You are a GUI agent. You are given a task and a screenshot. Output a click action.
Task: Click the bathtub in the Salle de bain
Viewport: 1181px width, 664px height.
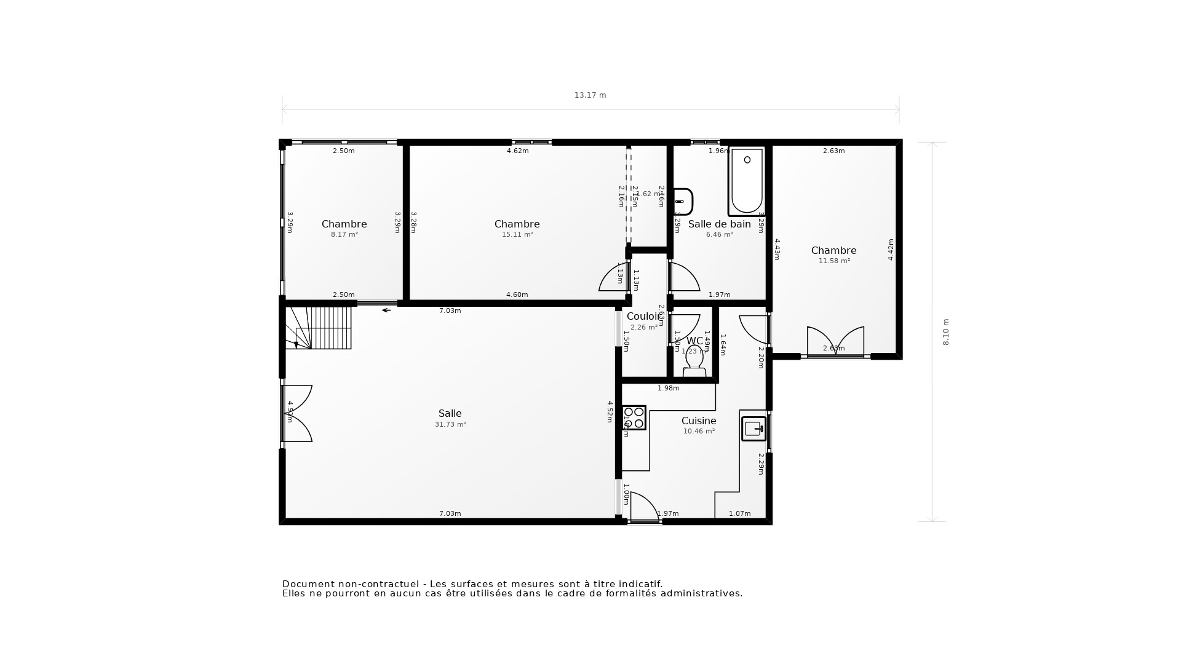coord(747,182)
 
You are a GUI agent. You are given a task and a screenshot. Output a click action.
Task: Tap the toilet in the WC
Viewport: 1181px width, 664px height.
coord(694,362)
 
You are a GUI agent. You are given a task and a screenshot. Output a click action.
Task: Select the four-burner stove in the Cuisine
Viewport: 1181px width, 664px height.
coord(634,417)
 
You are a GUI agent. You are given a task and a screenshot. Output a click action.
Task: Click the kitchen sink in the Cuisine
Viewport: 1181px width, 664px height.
coord(754,429)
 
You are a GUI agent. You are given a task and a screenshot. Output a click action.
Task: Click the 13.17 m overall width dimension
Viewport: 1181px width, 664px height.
coord(590,95)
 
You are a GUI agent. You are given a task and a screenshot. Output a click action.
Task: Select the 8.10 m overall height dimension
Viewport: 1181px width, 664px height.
coord(946,332)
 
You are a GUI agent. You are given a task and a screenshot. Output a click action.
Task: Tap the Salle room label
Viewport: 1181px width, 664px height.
coord(450,413)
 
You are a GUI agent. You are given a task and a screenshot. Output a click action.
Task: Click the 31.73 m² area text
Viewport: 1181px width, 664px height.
coord(450,425)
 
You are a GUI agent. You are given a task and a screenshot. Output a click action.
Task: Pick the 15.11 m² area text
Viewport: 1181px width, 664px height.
coord(517,235)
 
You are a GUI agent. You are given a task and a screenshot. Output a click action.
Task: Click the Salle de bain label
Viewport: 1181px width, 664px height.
coord(719,224)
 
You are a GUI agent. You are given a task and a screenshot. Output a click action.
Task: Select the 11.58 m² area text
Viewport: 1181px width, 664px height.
coord(833,261)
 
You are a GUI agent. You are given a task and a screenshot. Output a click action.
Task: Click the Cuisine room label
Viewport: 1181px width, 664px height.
coord(698,421)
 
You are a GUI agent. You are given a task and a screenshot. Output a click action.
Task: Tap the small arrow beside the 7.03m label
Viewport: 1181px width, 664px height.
coord(386,310)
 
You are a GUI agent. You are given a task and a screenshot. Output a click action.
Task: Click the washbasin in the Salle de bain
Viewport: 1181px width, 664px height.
coord(683,202)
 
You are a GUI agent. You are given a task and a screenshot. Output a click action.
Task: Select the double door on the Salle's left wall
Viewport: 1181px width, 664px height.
coord(297,413)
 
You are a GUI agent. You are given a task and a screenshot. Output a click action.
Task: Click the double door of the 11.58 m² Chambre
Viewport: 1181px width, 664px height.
coord(835,342)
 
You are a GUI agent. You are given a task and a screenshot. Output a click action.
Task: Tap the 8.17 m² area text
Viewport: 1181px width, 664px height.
coord(344,235)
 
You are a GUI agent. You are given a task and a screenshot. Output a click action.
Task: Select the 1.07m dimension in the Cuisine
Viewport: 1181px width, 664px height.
coord(739,513)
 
